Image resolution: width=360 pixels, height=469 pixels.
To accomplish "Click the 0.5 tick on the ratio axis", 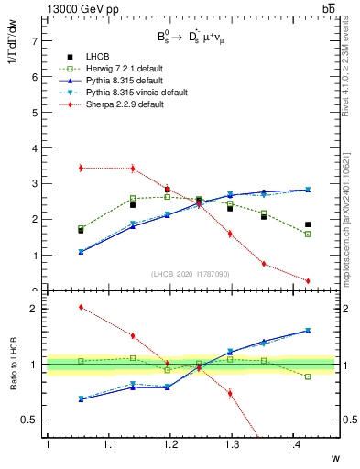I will [x=29, y=420].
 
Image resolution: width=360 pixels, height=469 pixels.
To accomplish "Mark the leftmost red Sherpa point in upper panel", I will [x=81, y=168].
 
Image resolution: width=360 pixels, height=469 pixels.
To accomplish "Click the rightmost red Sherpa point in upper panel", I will [x=308, y=281].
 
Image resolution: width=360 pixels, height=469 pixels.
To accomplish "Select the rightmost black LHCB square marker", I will [x=308, y=224].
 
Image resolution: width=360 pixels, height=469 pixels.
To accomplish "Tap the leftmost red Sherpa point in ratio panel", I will [x=81, y=307].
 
